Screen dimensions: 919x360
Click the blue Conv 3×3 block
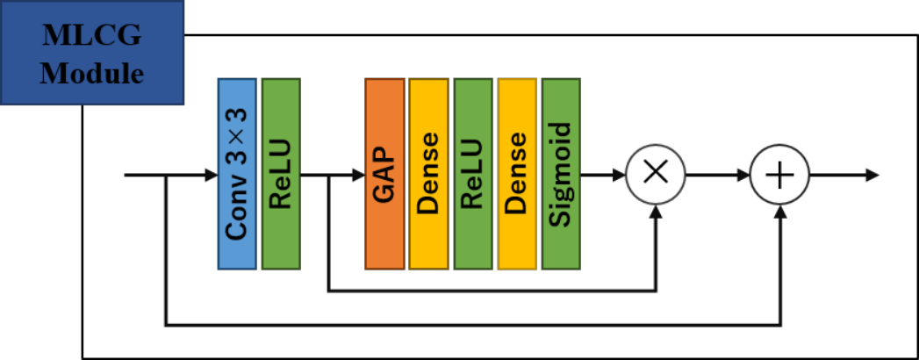(237, 174)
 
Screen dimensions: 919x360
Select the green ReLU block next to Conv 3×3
(281, 174)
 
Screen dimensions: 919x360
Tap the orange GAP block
(384, 174)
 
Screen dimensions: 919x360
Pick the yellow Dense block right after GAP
(428, 174)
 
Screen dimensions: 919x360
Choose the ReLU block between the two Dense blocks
(473, 174)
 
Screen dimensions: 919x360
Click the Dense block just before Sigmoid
(517, 174)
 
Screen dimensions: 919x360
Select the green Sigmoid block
(561, 174)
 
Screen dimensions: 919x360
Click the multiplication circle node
(656, 175)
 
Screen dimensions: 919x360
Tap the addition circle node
(780, 175)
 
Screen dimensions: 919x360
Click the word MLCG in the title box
(92, 36)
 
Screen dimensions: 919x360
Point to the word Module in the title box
(92, 74)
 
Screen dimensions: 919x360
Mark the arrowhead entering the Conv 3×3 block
(211, 175)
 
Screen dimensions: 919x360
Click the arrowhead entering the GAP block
(358, 175)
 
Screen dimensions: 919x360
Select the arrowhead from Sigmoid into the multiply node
(620, 175)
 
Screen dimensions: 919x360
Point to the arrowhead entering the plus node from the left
(744, 175)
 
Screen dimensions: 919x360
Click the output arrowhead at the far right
(872, 175)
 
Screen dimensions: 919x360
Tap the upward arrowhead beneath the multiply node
(656, 212)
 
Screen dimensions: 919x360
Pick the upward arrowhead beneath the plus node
(780, 212)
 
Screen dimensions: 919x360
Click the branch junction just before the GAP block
(328, 175)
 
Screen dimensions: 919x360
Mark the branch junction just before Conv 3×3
(167, 175)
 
